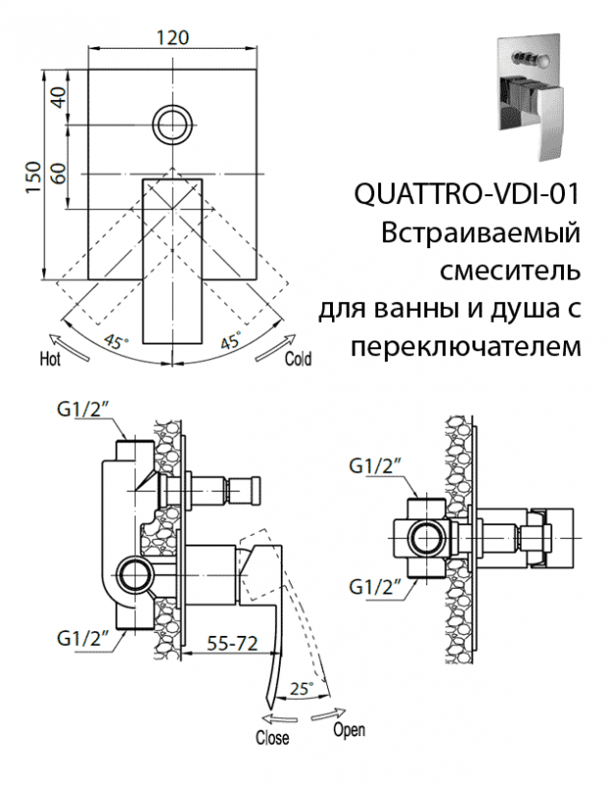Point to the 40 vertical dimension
click(58, 96)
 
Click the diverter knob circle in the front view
click(174, 125)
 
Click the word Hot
click(51, 358)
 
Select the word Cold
click(298, 359)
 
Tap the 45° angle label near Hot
click(117, 342)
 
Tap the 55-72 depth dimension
click(232, 644)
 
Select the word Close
click(272, 737)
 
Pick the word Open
click(348, 730)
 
